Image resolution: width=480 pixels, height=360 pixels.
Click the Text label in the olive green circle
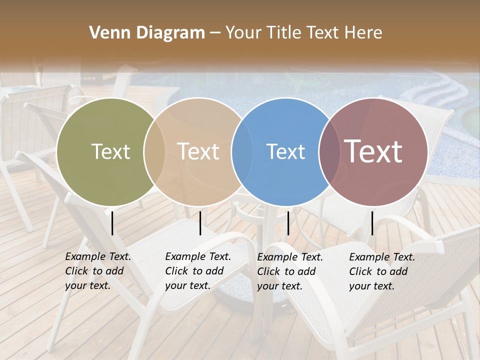(x=110, y=151)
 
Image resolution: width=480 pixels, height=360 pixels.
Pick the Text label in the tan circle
(x=198, y=151)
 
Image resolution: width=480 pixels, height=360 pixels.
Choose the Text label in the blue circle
(x=286, y=151)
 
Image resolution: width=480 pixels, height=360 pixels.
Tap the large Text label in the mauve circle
(x=373, y=151)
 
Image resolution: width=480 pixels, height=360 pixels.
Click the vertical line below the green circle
(x=112, y=223)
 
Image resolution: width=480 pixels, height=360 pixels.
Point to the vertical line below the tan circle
(x=200, y=223)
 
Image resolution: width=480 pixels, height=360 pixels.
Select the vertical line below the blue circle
(x=288, y=223)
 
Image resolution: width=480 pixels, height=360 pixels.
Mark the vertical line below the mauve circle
(x=372, y=223)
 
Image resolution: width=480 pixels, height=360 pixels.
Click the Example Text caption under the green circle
(x=97, y=271)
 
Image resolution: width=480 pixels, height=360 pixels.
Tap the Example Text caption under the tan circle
(x=197, y=271)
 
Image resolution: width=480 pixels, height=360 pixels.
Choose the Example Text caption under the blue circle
(x=289, y=271)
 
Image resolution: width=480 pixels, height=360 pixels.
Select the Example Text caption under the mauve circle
(x=381, y=271)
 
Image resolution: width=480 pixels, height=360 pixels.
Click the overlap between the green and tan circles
(x=154, y=151)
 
